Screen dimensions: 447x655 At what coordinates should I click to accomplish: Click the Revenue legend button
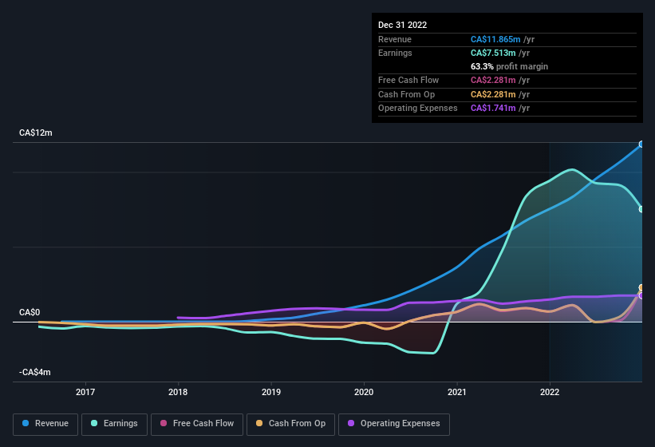pos(45,423)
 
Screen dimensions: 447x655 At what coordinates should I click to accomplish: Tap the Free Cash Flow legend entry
pos(197,423)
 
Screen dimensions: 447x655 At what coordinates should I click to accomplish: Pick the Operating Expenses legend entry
pos(394,423)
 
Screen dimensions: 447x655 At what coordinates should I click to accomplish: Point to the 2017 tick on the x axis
pos(85,392)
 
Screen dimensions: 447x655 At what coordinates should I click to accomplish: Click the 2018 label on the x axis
pos(178,392)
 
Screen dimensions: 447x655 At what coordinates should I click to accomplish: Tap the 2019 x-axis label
pos(271,392)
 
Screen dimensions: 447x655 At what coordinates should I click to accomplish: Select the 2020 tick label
pos(364,392)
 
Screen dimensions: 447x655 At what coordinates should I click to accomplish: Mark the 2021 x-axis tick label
pos(457,392)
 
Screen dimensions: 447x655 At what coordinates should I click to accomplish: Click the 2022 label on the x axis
pos(550,392)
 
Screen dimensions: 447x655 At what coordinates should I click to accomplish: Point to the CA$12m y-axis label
pos(36,133)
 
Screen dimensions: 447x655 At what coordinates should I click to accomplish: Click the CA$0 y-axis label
pos(30,312)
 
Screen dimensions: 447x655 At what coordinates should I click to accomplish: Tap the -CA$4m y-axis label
pos(36,373)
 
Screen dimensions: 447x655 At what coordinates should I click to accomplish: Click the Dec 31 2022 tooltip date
pos(403,25)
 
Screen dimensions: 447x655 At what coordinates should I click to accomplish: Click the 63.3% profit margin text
pos(509,66)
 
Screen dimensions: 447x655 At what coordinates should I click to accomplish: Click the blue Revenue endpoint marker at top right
pos(641,144)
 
